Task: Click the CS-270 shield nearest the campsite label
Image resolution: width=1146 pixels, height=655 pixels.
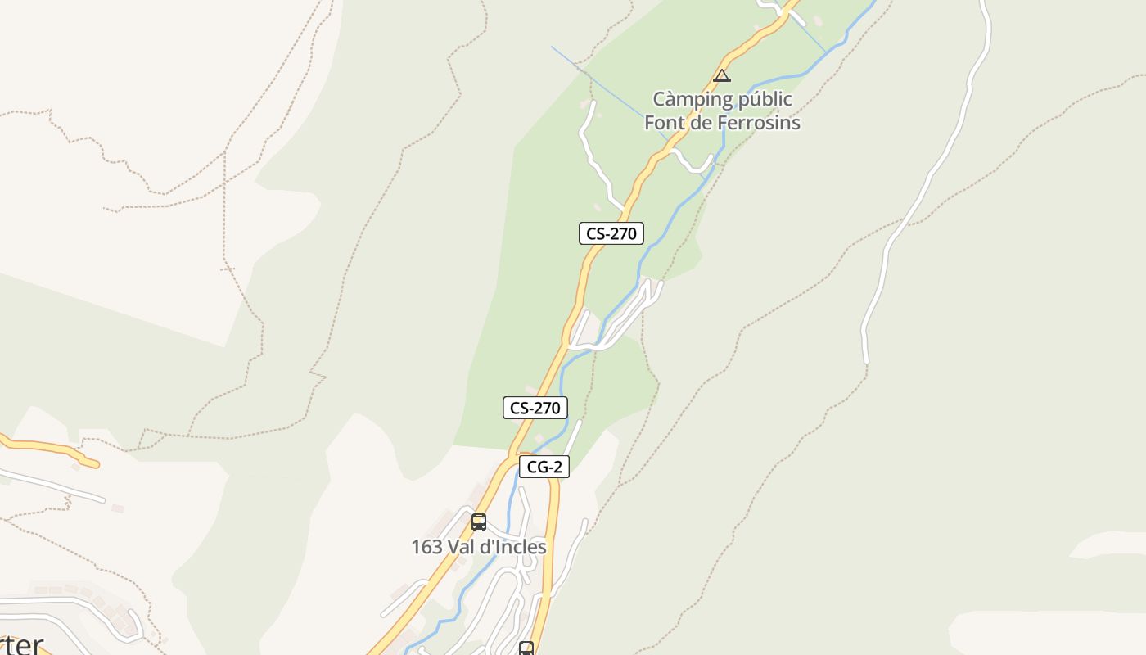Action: point(611,233)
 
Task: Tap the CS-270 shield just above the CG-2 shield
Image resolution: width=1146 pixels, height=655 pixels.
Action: point(535,408)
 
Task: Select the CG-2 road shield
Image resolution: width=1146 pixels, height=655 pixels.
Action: point(544,468)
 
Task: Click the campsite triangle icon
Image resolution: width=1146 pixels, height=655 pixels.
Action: point(721,76)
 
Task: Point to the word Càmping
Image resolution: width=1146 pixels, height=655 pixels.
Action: point(693,99)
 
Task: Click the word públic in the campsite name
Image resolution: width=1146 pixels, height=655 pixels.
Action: point(765,99)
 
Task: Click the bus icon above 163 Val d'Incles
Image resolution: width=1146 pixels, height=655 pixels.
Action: point(479,522)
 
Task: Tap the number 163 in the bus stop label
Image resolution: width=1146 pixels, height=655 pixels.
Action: point(426,547)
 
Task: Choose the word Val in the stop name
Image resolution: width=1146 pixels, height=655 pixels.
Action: point(461,547)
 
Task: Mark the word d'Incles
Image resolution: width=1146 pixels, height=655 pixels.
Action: point(513,547)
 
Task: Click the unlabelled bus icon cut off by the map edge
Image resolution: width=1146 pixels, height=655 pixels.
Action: point(526,648)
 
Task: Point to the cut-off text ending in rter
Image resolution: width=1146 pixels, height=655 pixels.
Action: point(20,644)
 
